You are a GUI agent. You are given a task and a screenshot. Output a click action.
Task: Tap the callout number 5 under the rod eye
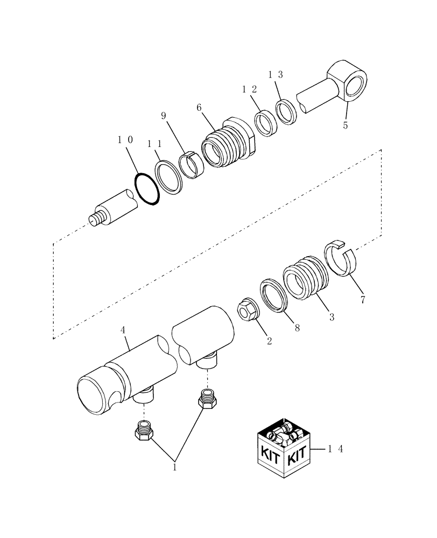point(346,126)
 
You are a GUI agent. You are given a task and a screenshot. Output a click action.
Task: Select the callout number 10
point(125,140)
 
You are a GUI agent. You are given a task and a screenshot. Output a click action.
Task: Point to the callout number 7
point(362,300)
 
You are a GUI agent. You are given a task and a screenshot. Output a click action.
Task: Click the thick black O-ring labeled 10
point(147,189)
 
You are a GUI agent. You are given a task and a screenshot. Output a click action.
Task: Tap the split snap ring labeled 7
point(342,258)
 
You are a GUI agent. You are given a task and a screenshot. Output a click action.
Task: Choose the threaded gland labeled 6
point(229,143)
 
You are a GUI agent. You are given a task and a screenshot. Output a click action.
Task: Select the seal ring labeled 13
point(287,112)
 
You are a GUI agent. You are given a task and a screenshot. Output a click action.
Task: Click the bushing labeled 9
point(191,165)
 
